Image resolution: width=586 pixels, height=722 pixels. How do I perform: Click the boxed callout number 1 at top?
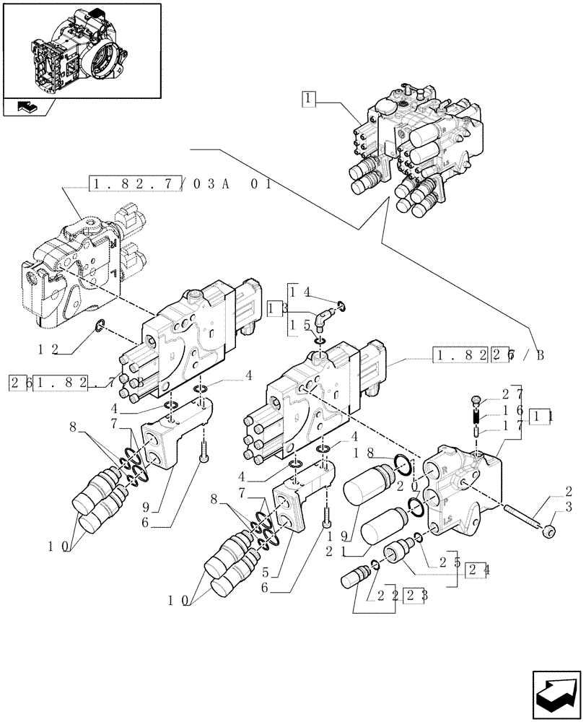point(308,98)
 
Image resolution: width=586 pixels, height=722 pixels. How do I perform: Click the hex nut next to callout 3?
point(548,532)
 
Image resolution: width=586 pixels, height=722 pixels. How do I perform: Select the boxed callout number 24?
point(475,568)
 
